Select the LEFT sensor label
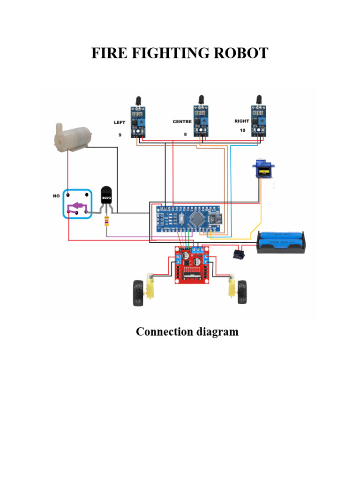click(120, 122)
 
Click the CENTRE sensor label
click(182, 122)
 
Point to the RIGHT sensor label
click(242, 121)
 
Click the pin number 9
click(120, 135)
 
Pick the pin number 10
click(242, 131)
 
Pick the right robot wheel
click(242, 292)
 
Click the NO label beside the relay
click(56, 196)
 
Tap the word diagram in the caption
click(215, 332)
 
